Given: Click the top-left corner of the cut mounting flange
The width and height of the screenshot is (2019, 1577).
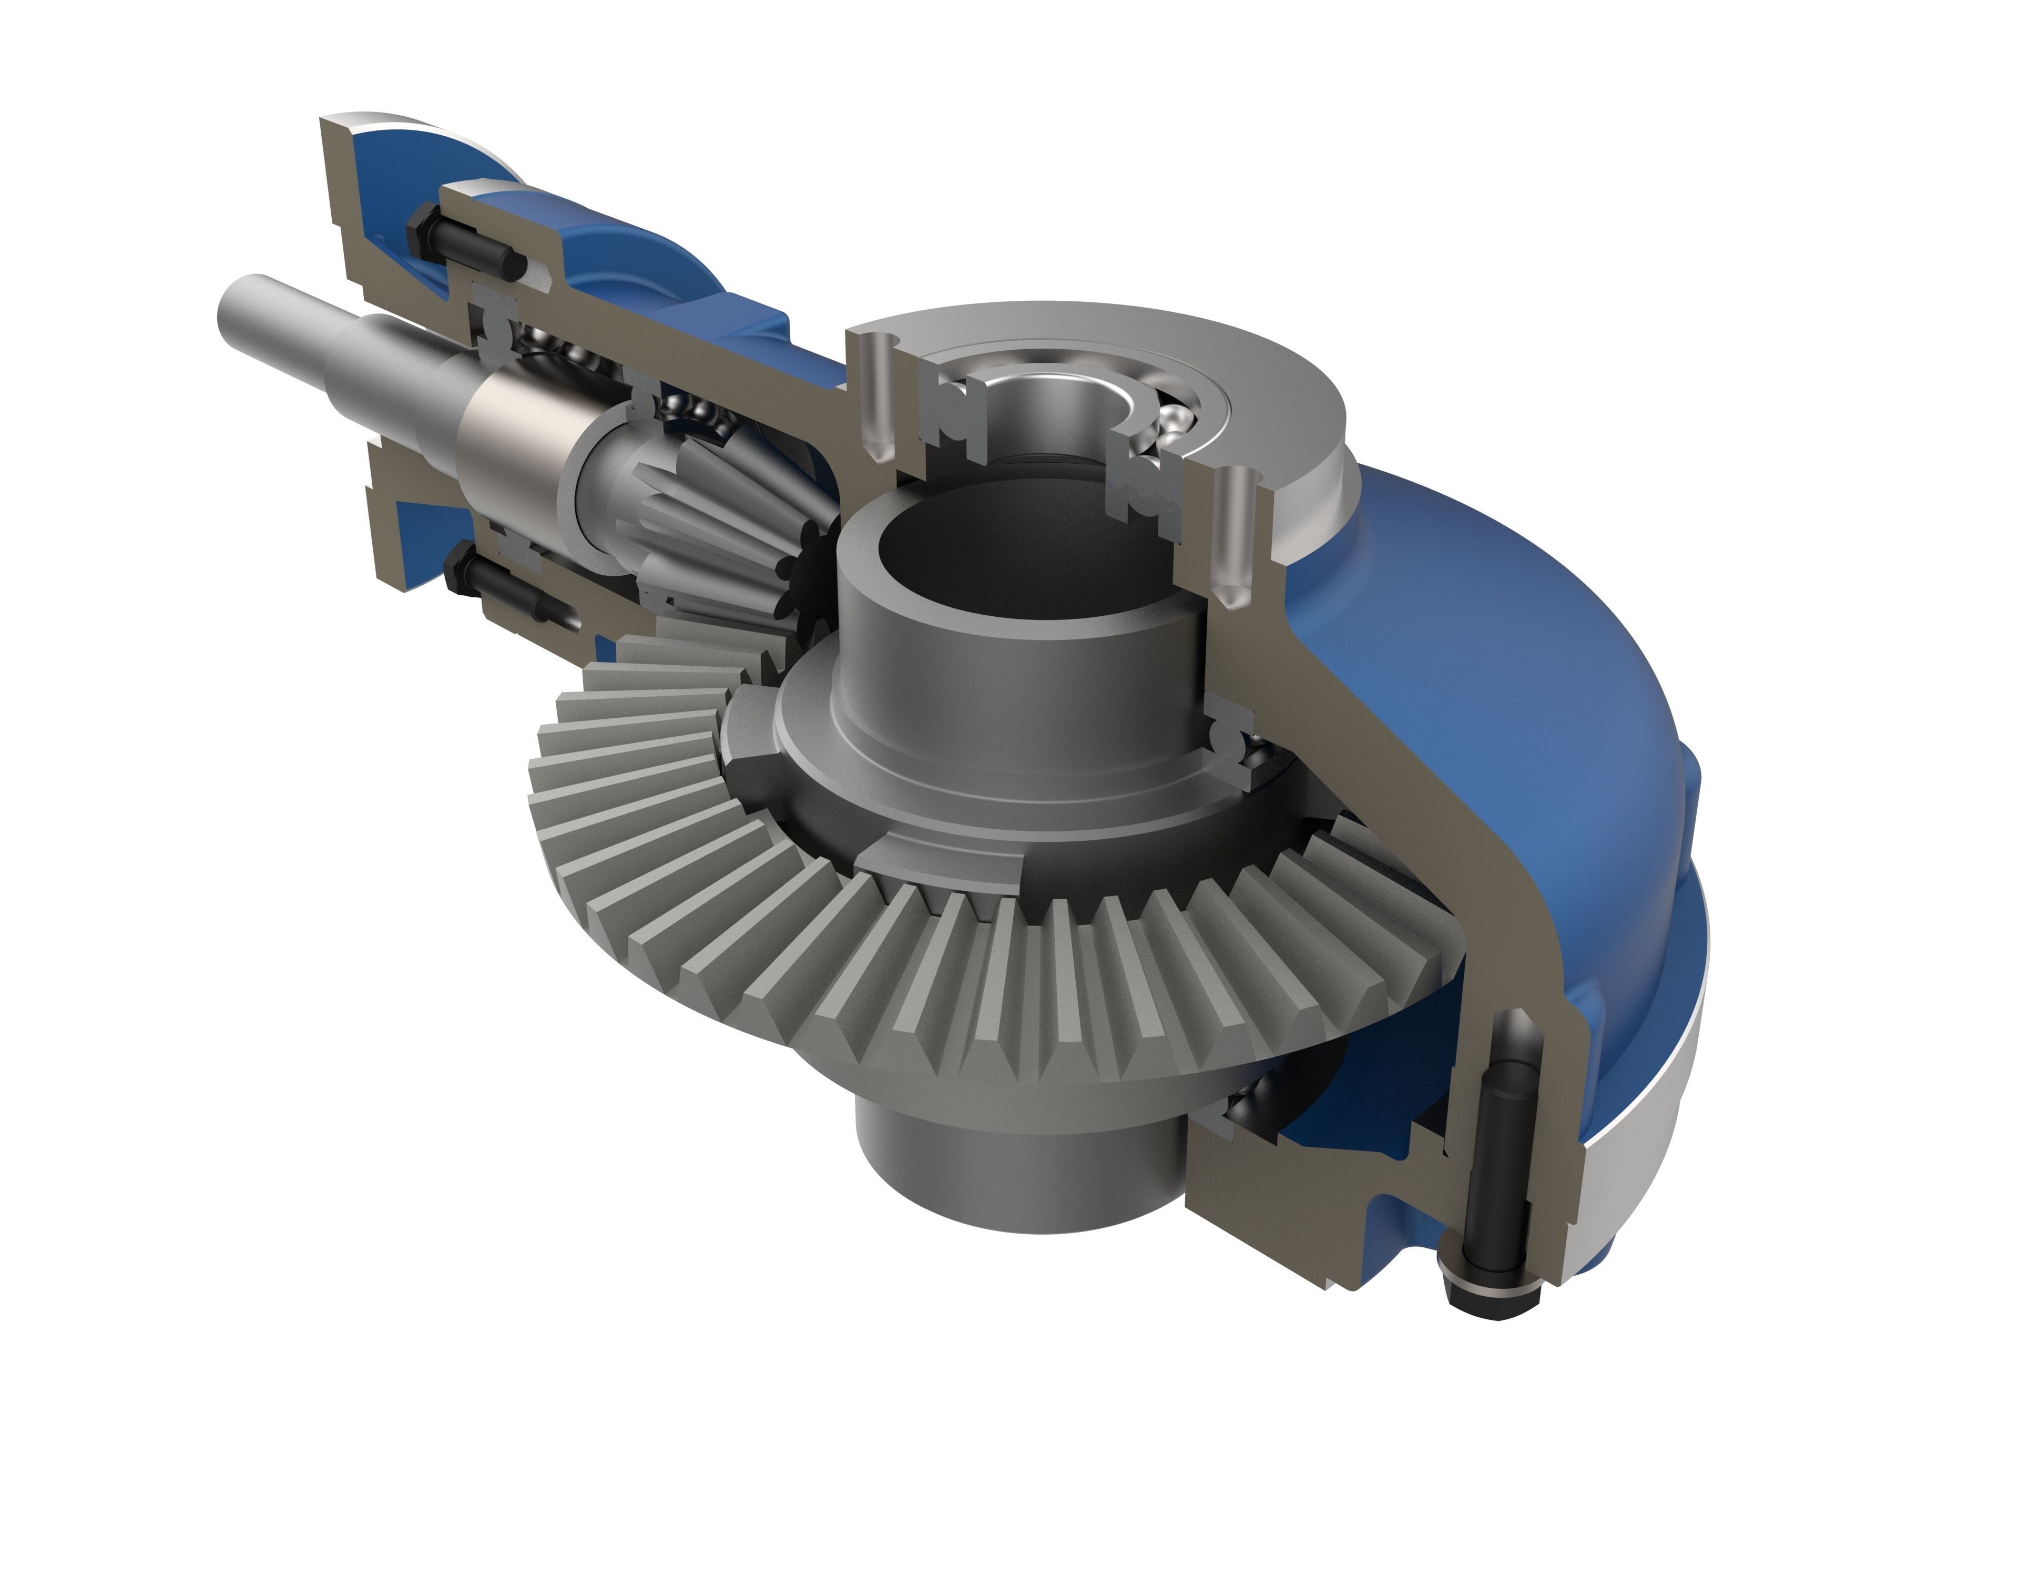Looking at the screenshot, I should (333, 125).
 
